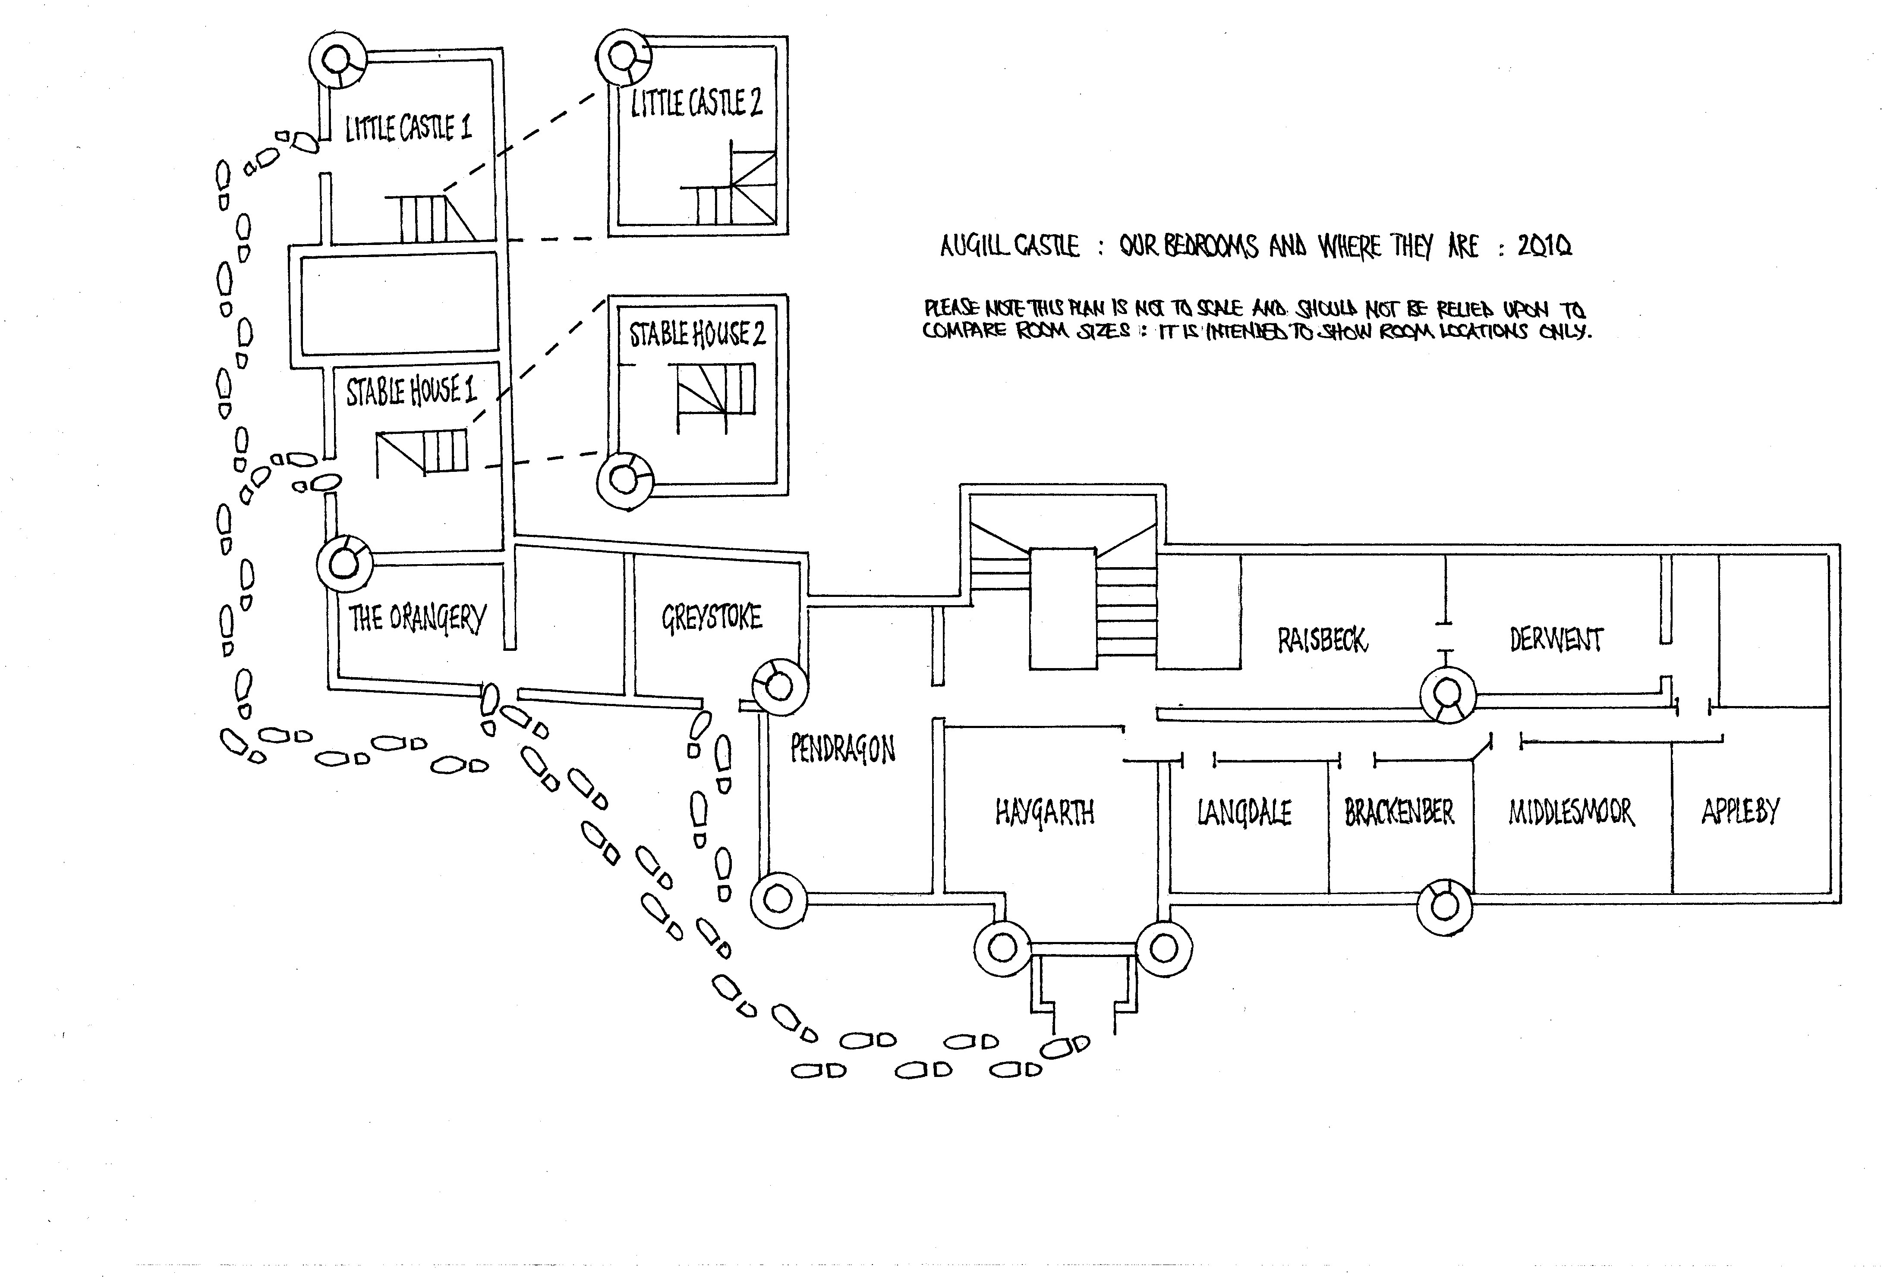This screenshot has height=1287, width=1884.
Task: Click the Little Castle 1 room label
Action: [x=408, y=128]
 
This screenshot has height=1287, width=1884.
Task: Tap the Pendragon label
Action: [x=843, y=750]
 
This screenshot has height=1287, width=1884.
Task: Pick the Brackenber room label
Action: [x=1399, y=811]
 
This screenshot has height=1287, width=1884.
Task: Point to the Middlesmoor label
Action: [x=1571, y=811]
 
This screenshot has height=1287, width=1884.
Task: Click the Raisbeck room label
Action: [x=1322, y=640]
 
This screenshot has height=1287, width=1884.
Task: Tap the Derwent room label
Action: [x=1556, y=640]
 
